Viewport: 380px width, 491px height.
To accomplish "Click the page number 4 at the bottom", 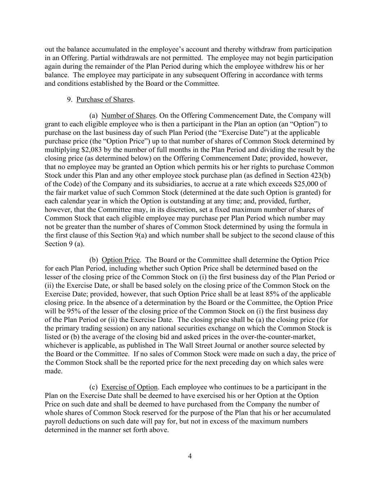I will tap(190, 456).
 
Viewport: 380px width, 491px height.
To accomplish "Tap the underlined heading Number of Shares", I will tap(129, 116).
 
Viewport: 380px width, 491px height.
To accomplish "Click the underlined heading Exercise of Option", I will tap(129, 387).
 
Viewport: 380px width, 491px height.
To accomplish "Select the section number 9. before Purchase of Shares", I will tap(70, 99).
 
